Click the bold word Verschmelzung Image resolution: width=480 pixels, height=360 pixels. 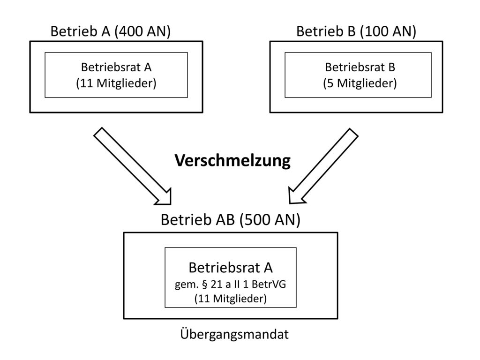pyautogui.click(x=232, y=161)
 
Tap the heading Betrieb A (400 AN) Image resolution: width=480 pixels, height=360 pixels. pyautogui.click(x=111, y=31)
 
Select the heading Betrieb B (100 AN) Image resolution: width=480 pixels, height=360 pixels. pyautogui.click(x=356, y=31)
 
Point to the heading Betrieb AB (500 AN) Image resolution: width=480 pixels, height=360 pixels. pyautogui.click(x=231, y=219)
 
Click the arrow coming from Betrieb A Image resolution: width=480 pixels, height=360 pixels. pyautogui.click(x=132, y=166)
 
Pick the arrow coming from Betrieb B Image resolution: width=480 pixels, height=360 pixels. pyautogui.click(x=323, y=165)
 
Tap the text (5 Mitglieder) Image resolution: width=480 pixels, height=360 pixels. pyautogui.click(x=360, y=83)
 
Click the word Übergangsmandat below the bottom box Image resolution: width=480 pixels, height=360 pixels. pyautogui.click(x=234, y=334)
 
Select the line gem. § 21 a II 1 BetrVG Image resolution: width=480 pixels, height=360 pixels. pyautogui.click(x=230, y=285)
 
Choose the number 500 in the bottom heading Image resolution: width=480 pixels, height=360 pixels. pyautogui.click(x=256, y=219)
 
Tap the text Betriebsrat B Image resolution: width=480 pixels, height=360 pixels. pyautogui.click(x=360, y=67)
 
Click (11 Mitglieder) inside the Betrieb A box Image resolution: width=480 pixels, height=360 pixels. pyautogui.click(x=116, y=83)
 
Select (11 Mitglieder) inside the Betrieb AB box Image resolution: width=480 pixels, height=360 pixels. pyautogui.click(x=231, y=299)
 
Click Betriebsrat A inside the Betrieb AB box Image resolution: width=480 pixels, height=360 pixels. pyautogui.click(x=231, y=268)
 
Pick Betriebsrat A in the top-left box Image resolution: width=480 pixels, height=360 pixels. pyautogui.click(x=116, y=67)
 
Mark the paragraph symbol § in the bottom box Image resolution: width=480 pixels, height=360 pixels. pyautogui.click(x=205, y=285)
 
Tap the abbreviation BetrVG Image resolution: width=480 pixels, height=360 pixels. pyautogui.click(x=269, y=285)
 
